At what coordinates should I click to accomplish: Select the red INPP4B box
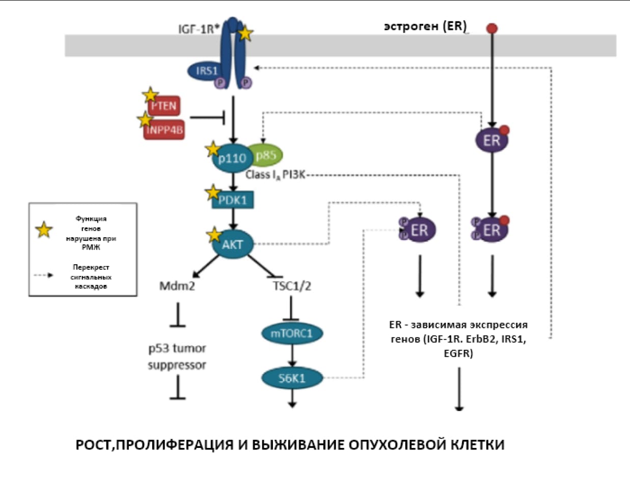[164, 129]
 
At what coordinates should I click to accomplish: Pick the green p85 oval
[266, 156]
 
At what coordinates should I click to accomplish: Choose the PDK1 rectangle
[233, 200]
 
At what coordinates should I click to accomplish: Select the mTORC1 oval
[292, 333]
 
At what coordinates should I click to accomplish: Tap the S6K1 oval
[292, 377]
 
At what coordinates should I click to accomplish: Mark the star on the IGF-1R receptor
[245, 34]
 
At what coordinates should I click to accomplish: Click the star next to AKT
[213, 235]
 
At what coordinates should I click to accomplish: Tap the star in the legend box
[44, 230]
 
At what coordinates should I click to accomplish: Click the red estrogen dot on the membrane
[492, 29]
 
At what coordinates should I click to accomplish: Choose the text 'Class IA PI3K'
[275, 175]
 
